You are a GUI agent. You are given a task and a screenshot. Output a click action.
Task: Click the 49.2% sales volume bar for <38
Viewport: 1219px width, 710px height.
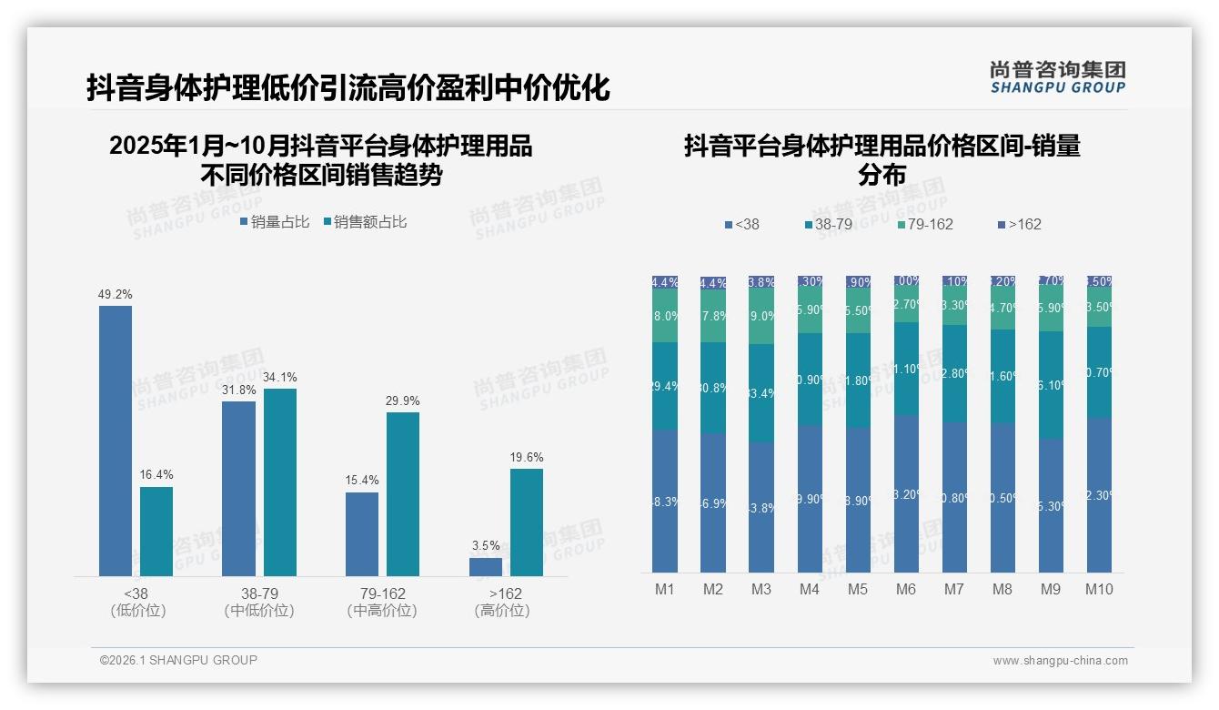(x=116, y=441)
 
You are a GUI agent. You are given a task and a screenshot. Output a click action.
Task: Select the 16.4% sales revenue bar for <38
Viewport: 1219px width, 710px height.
(x=156, y=532)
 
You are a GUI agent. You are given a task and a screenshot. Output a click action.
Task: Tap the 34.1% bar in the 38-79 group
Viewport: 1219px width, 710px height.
(x=280, y=482)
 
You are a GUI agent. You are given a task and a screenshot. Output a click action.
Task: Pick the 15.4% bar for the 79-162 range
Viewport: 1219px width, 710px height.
(x=362, y=534)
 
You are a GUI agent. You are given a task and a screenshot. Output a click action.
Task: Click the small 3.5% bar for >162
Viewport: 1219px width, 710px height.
(x=486, y=566)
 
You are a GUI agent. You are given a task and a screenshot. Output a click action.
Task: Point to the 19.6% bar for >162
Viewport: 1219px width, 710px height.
(x=527, y=522)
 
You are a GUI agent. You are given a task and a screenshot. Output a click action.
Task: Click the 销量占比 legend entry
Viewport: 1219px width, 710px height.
(x=275, y=221)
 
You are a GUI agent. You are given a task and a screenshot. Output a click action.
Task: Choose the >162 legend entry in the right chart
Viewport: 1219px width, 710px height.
(x=1020, y=224)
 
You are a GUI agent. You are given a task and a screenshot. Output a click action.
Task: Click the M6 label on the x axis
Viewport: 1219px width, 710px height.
(x=905, y=589)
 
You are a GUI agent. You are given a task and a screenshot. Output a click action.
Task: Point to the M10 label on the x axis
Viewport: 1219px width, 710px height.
(x=1099, y=589)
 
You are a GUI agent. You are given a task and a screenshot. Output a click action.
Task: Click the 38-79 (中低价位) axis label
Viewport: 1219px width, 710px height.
(x=259, y=602)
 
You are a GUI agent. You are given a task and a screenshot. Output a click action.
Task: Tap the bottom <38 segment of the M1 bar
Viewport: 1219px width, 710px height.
(x=665, y=502)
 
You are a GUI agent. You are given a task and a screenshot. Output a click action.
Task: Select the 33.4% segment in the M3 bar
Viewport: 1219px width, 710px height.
(x=761, y=393)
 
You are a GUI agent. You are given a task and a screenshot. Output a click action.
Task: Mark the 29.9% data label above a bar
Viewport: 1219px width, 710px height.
(x=403, y=401)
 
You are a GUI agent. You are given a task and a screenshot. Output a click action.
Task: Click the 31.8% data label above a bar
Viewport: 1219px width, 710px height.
(x=238, y=390)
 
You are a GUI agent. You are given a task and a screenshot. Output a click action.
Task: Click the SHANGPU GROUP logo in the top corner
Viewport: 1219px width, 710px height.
(x=1057, y=76)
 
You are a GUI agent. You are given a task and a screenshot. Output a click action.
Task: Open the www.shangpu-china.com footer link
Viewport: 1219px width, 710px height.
(x=1060, y=660)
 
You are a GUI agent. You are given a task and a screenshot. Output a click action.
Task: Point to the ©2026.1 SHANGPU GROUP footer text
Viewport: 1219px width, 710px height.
(x=178, y=660)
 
